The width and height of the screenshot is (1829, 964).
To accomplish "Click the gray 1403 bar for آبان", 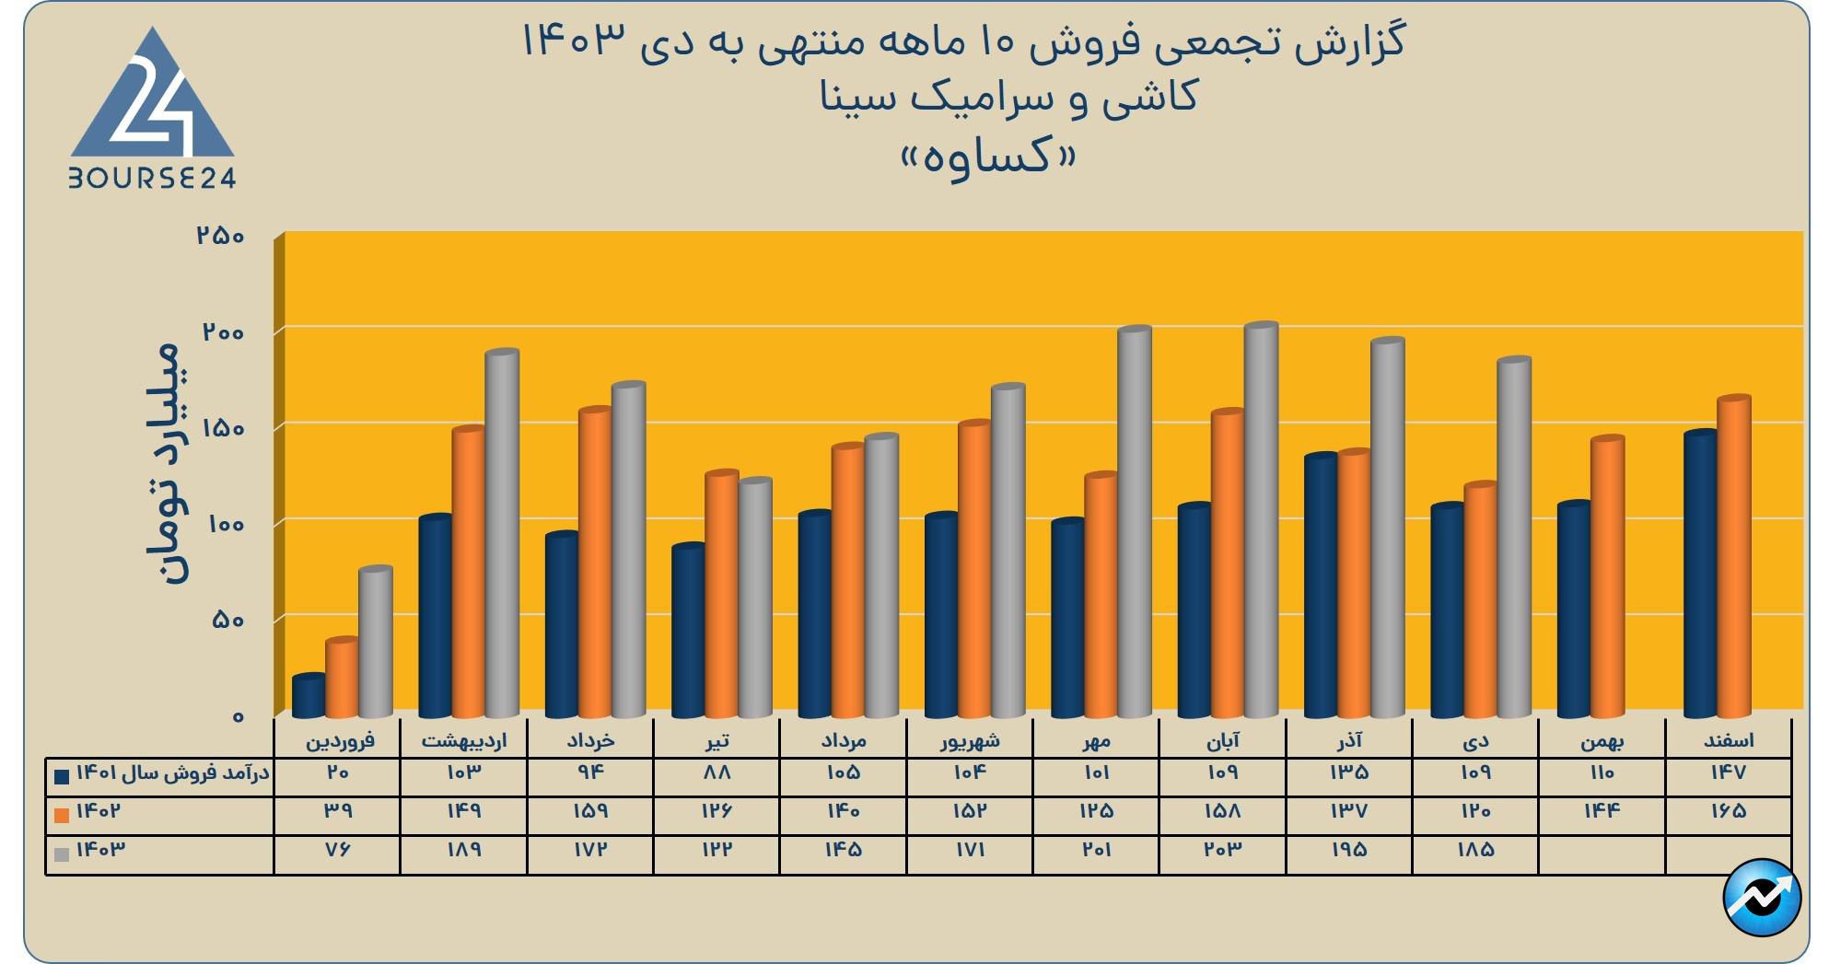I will [1261, 520].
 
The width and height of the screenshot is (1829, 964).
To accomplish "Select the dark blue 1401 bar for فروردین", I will [309, 696].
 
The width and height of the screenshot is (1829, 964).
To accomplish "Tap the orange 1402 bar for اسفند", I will [1733, 556].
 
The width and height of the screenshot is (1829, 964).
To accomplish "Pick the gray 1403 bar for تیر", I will [755, 598].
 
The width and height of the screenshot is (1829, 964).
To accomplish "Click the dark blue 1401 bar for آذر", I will [1321, 586].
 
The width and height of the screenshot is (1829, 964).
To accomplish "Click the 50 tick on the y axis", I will [227, 620].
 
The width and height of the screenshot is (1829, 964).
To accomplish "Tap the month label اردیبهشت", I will [464, 740].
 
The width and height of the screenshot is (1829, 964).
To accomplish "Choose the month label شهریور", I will [970, 740].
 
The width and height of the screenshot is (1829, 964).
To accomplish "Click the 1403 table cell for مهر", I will [1096, 850].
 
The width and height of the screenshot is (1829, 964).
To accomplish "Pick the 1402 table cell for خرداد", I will [590, 811].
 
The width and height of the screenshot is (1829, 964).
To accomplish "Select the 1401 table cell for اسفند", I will [1728, 773].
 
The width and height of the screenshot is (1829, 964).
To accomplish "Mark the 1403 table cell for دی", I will [1475, 850].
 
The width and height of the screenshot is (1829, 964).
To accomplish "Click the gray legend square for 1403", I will [63, 854].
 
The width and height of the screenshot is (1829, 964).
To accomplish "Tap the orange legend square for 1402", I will [63, 815].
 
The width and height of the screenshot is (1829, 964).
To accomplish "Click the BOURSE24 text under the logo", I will [153, 179].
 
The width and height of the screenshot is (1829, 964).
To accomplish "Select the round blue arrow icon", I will [1761, 898].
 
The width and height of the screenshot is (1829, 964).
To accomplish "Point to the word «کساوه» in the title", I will [987, 157].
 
